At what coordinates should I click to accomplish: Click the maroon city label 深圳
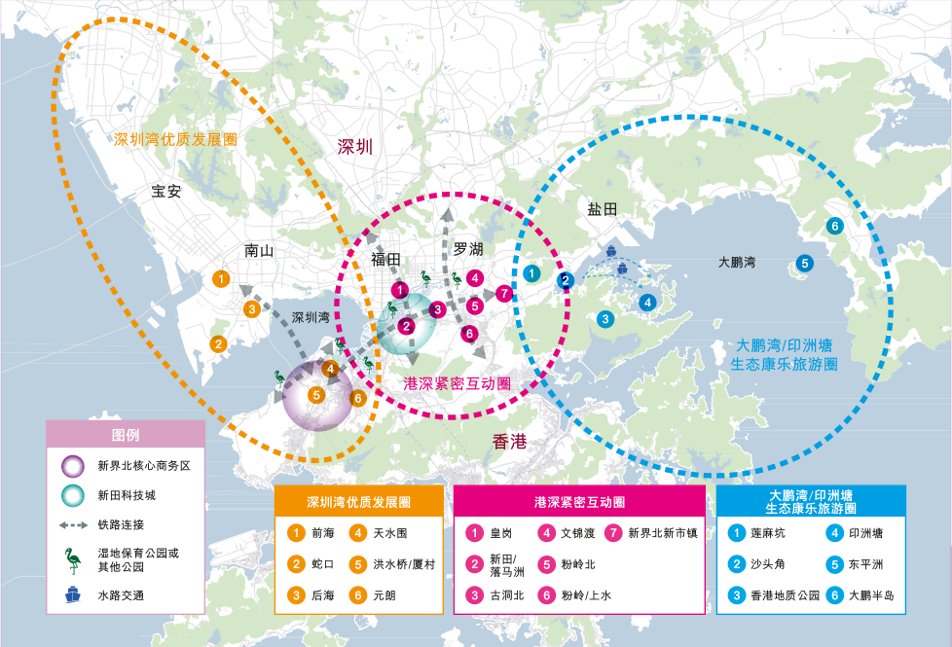[355, 147]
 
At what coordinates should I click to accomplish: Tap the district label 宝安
[166, 191]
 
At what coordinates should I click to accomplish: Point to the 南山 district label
[260, 250]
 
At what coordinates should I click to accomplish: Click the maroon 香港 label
[509, 443]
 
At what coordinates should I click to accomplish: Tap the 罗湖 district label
[468, 248]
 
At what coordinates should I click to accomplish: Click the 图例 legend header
[126, 435]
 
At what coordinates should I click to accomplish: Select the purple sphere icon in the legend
[72, 466]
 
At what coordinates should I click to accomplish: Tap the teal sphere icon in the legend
[72, 496]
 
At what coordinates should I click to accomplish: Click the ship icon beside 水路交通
[72, 595]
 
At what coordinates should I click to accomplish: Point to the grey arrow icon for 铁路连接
[72, 525]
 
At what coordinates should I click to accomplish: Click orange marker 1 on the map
[222, 280]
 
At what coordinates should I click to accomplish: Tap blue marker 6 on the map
[834, 227]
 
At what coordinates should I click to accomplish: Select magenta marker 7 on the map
[503, 293]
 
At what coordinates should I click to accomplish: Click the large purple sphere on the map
[317, 395]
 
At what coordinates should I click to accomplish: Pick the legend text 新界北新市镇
[663, 533]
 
